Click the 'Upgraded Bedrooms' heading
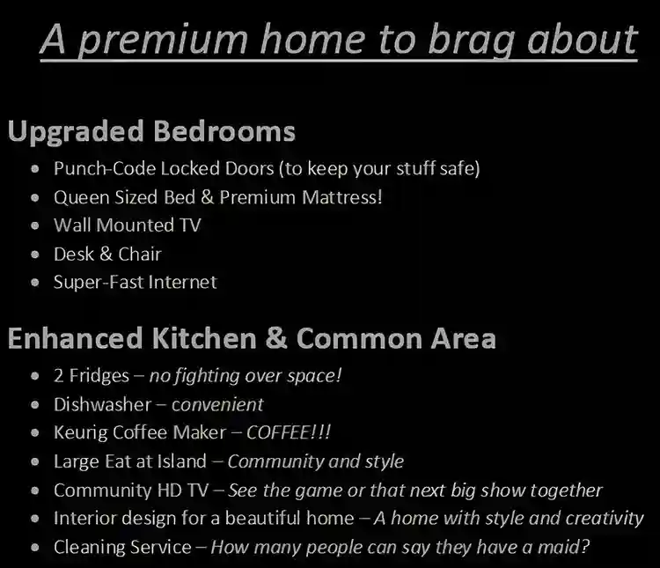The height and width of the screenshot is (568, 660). click(x=151, y=132)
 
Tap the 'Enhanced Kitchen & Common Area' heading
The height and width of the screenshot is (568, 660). click(x=251, y=338)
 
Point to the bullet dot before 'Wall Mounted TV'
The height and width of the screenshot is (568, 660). click(x=34, y=225)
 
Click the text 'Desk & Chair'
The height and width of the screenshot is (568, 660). click(x=107, y=254)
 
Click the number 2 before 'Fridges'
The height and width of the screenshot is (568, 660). click(x=59, y=376)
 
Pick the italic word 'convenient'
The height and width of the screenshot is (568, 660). click(x=217, y=405)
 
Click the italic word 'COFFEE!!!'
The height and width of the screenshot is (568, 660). click(x=289, y=433)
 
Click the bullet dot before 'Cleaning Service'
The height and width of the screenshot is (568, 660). click(x=34, y=548)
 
